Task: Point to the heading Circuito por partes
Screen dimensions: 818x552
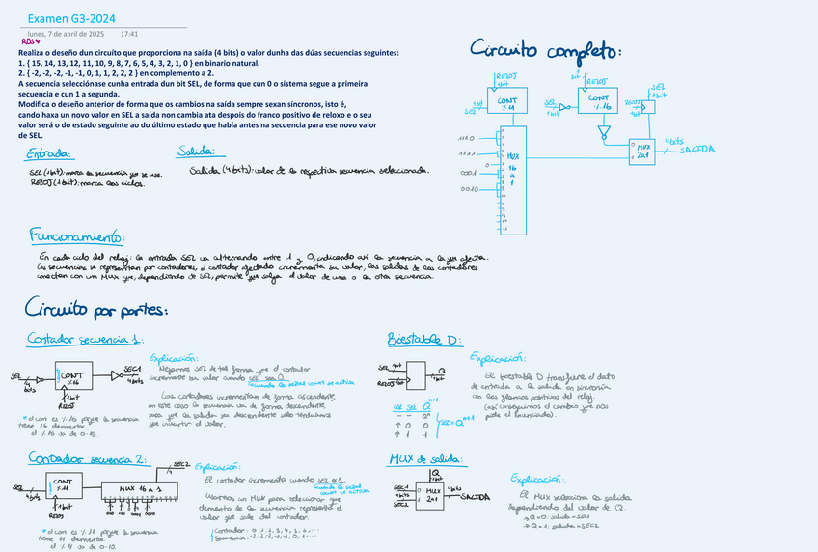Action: click(x=95, y=309)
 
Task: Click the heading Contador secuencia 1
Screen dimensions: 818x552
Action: click(x=85, y=339)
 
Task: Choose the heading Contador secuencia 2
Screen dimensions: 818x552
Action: click(x=87, y=457)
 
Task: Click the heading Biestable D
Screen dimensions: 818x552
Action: click(x=424, y=340)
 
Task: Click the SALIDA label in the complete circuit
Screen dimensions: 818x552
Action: click(x=697, y=150)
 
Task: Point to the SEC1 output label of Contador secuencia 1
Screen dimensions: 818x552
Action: click(x=133, y=370)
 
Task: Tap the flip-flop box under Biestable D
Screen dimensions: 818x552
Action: click(x=418, y=374)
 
